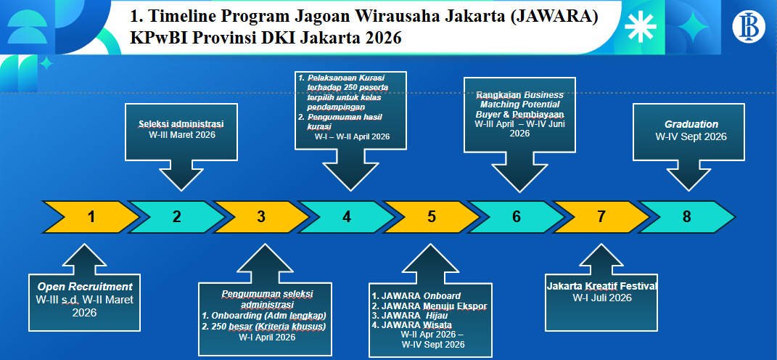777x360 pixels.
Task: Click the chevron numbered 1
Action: (x=91, y=216)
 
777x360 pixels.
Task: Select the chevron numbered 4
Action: (x=347, y=216)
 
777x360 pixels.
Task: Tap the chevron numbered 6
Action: (x=517, y=216)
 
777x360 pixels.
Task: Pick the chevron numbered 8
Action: (x=686, y=216)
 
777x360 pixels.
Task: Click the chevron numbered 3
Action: (x=261, y=216)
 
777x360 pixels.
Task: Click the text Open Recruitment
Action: (x=85, y=286)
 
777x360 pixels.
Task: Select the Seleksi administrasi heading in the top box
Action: (x=181, y=123)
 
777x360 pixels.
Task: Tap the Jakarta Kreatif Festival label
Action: (x=601, y=286)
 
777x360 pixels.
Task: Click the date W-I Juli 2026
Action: (x=601, y=298)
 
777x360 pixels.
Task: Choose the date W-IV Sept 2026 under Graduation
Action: (x=691, y=136)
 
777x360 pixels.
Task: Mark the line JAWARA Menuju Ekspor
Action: (x=429, y=306)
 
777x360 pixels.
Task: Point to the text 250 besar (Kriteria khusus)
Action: (x=264, y=326)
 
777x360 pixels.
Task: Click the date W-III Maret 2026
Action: (x=181, y=134)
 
